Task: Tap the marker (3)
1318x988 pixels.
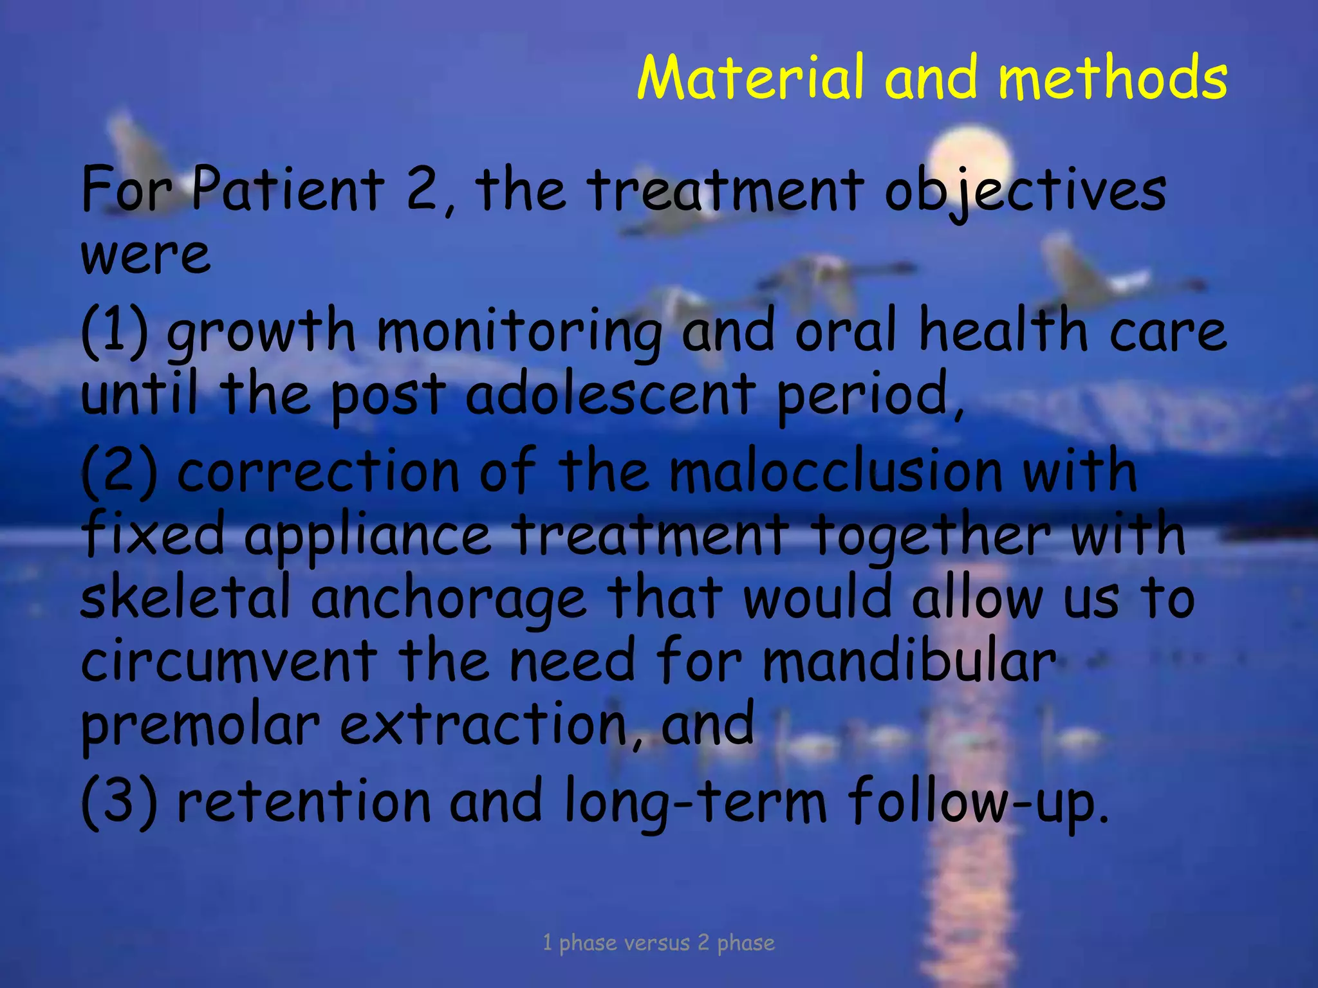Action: [x=119, y=800]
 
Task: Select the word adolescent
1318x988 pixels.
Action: [x=610, y=393]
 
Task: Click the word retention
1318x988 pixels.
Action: [x=303, y=800]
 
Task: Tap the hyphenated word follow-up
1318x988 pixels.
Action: [x=978, y=801]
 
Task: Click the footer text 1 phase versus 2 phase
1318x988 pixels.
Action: [x=658, y=942]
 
